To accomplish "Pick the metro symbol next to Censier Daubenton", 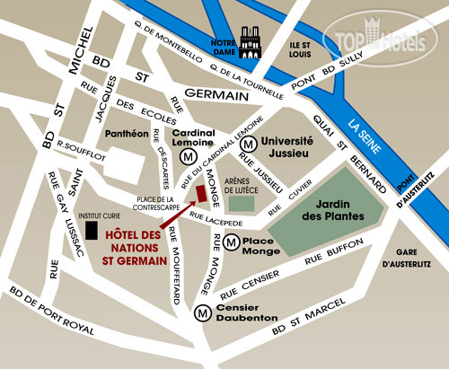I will pyautogui.click(x=202, y=312).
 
